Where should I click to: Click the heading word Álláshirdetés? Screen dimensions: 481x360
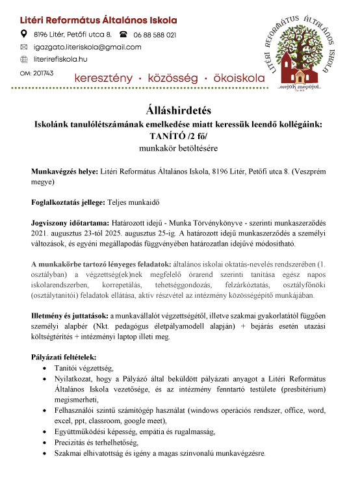[x=180, y=107]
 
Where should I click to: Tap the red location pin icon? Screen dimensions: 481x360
[x=24, y=34]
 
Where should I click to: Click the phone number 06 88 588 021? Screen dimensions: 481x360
[x=155, y=34]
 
